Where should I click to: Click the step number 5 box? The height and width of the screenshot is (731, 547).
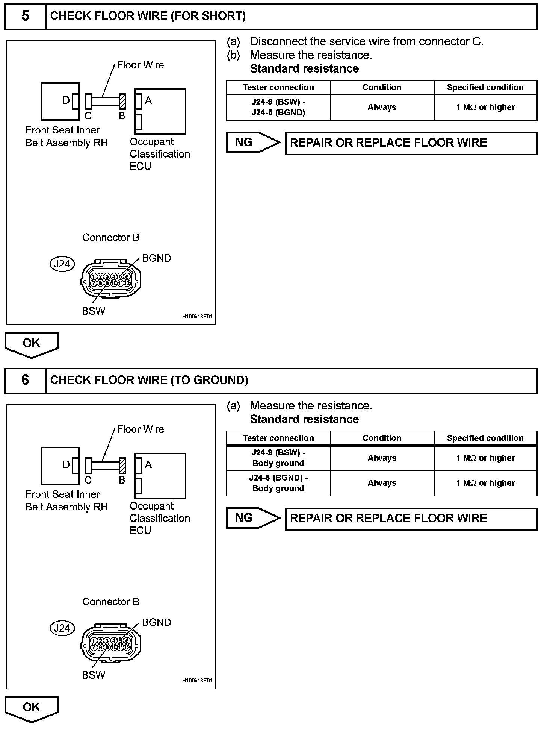(x=25, y=16)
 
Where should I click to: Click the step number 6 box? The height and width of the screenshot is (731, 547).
(x=25, y=380)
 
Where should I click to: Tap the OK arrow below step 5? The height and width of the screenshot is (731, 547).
(x=32, y=344)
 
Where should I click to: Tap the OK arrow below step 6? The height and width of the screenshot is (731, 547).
(x=32, y=708)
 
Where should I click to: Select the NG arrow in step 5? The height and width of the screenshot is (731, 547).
(x=252, y=143)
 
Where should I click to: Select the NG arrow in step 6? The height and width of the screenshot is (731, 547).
(x=252, y=518)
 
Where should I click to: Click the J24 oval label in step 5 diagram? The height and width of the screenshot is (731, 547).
(x=62, y=264)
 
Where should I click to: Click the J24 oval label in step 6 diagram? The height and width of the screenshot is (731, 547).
(x=62, y=628)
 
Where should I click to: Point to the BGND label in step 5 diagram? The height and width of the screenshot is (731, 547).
(x=156, y=258)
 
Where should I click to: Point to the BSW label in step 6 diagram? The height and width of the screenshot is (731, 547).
(x=94, y=675)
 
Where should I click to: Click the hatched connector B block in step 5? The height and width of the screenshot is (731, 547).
(x=122, y=102)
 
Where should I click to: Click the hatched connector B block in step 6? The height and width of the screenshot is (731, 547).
(x=122, y=466)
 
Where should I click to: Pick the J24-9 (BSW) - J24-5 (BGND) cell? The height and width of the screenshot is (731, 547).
(x=278, y=108)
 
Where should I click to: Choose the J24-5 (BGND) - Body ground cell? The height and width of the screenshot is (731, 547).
(x=278, y=483)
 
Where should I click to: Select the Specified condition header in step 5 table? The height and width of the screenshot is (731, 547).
(x=485, y=88)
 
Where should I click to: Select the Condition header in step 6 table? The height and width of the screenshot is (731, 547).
(x=382, y=438)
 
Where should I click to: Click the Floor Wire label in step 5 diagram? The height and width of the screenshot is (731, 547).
(x=140, y=65)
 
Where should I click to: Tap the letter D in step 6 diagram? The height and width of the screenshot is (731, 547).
(x=66, y=465)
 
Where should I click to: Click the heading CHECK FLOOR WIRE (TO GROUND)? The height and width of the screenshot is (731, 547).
(x=149, y=380)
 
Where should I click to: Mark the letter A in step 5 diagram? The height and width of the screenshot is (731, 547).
(x=148, y=100)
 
